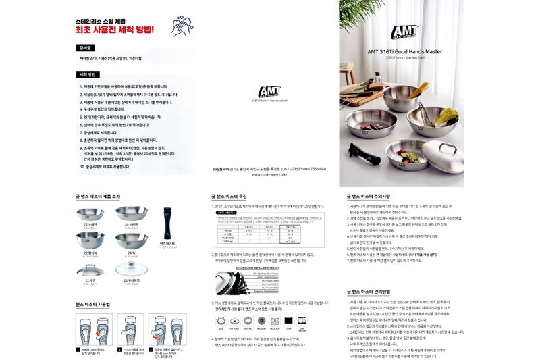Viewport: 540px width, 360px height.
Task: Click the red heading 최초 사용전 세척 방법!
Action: pyautogui.click(x=115, y=30)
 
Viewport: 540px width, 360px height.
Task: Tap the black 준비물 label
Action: pyautogui.click(x=86, y=49)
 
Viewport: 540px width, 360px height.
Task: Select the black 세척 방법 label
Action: pyautogui.click(x=89, y=74)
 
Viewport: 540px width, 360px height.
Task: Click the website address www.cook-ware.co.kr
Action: pyautogui.click(x=268, y=174)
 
